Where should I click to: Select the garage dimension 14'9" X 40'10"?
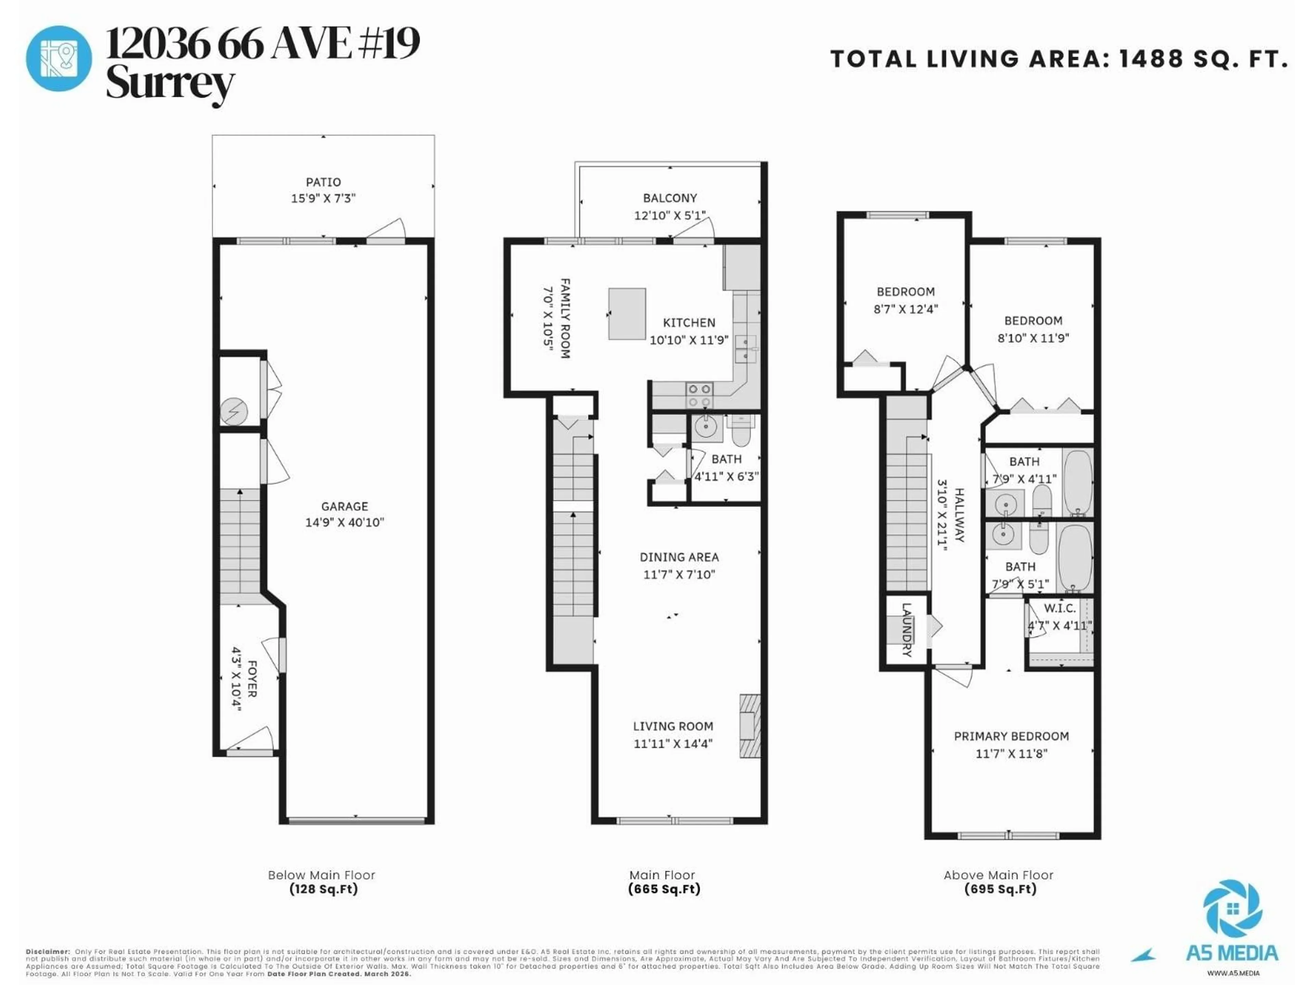click(x=345, y=523)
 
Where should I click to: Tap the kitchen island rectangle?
click(x=627, y=314)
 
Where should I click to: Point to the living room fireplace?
click(x=749, y=725)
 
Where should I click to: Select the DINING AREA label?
click(x=679, y=557)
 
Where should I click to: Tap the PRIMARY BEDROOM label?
click(x=1011, y=736)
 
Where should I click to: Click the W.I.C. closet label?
click(x=1060, y=608)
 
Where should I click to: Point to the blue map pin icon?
click(x=59, y=58)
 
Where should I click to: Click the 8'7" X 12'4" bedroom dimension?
click(x=905, y=309)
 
